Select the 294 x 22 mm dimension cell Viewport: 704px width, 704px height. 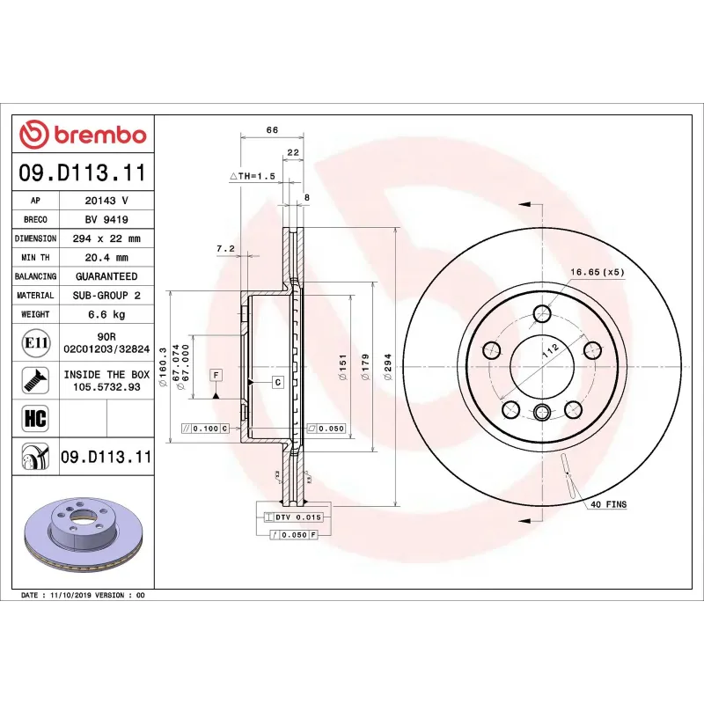point(106,238)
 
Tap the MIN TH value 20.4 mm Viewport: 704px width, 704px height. point(106,258)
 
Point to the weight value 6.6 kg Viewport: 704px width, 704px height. point(106,314)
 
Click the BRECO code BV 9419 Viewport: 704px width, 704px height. point(106,219)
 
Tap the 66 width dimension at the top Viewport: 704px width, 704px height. point(272,130)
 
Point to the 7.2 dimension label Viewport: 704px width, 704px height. point(224,249)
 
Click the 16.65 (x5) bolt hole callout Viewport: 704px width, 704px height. point(597,272)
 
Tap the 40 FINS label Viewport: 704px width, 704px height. point(608,504)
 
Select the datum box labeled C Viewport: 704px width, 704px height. point(277,382)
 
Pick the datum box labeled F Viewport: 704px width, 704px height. point(215,375)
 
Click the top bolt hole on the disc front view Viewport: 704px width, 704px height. point(543,312)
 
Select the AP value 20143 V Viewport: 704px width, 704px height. point(106,201)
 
